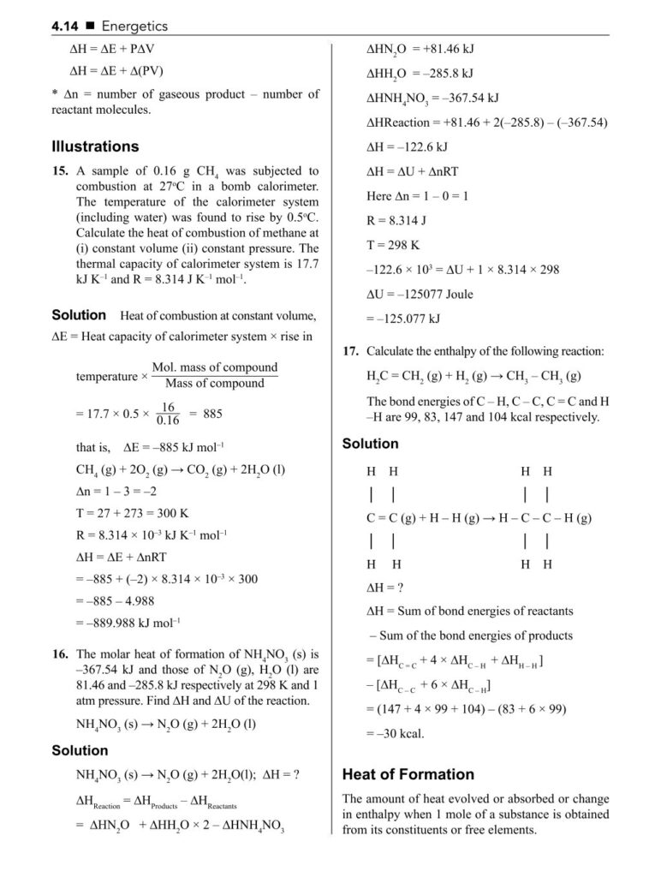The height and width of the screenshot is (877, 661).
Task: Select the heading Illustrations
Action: click(x=94, y=146)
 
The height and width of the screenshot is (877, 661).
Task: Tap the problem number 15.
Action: click(x=60, y=171)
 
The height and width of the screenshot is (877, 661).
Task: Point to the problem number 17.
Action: click(x=349, y=351)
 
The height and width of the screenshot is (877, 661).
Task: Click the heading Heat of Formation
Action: click(x=408, y=774)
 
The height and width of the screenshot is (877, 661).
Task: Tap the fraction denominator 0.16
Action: click(x=168, y=421)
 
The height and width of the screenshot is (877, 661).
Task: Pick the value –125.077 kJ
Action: click(x=402, y=319)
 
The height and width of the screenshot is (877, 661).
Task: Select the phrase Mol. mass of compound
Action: click(x=215, y=367)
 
